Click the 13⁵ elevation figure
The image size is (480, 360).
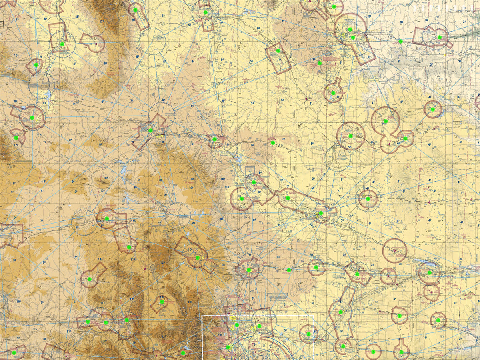coord(102,21)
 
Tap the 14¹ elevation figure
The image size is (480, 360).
coord(162,297)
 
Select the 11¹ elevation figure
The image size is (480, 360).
coord(222,301)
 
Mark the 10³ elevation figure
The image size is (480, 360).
coord(16,55)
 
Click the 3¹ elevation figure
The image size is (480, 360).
coord(464,22)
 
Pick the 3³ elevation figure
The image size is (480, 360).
coord(401,22)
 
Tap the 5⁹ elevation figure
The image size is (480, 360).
coord(342,220)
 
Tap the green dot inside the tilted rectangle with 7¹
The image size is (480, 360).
coord(278,50)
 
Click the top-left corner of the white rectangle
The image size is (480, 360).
coord(202,316)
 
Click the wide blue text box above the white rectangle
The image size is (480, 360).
coord(278,295)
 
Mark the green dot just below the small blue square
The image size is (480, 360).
coord(253,182)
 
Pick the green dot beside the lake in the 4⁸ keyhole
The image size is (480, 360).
coord(333,93)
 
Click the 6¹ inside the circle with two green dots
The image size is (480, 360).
coord(339,25)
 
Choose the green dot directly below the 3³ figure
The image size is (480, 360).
coord(400,41)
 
